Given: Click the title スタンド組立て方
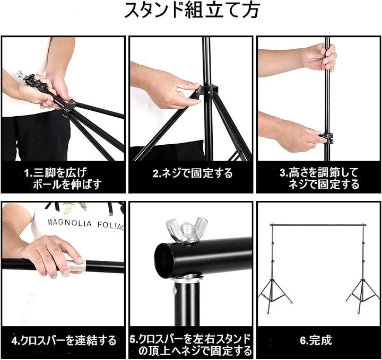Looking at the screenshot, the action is [192, 10].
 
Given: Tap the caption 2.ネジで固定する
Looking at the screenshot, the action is [193, 173].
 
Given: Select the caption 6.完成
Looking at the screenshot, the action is [316, 340].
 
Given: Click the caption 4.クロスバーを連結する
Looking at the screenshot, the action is [64, 340].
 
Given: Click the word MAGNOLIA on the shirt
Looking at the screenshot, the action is [70, 223].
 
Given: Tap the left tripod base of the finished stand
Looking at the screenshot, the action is [275, 296].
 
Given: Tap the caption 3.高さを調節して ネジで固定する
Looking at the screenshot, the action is [319, 179].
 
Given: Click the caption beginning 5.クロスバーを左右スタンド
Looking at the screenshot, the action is [190, 345].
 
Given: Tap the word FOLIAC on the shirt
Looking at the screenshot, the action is [111, 226].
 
